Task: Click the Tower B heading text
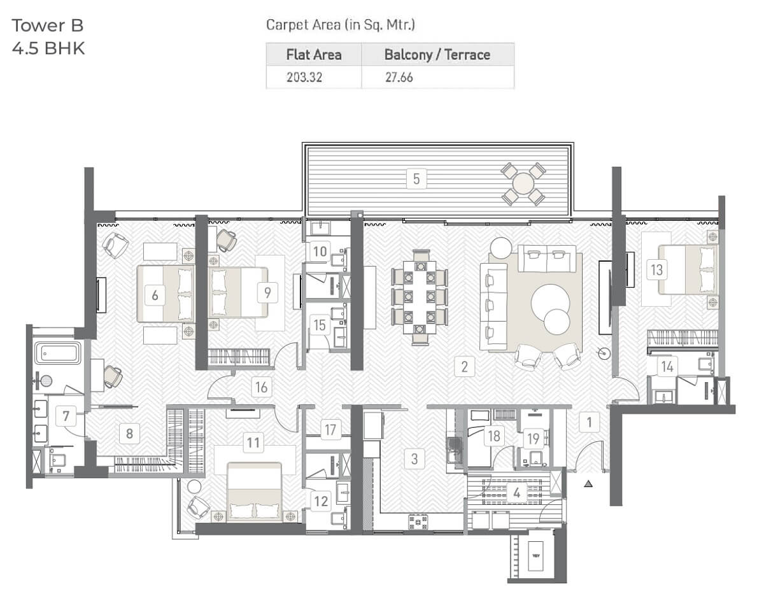point(48,25)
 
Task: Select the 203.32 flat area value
point(304,77)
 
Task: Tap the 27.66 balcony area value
point(399,77)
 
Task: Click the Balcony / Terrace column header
point(437,55)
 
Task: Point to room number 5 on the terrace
point(416,179)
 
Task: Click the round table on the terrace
point(523,183)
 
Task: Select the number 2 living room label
point(464,367)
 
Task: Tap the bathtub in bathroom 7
point(58,353)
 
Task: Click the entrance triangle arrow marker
point(588,483)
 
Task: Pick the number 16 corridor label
point(261,387)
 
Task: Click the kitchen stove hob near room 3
point(418,522)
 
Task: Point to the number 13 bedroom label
point(656,270)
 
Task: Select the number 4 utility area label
point(516,493)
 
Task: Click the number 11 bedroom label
point(253,443)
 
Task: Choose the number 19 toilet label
point(534,439)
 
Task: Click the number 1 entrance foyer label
point(590,422)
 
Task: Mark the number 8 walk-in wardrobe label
point(129,433)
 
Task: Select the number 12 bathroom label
point(321,501)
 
